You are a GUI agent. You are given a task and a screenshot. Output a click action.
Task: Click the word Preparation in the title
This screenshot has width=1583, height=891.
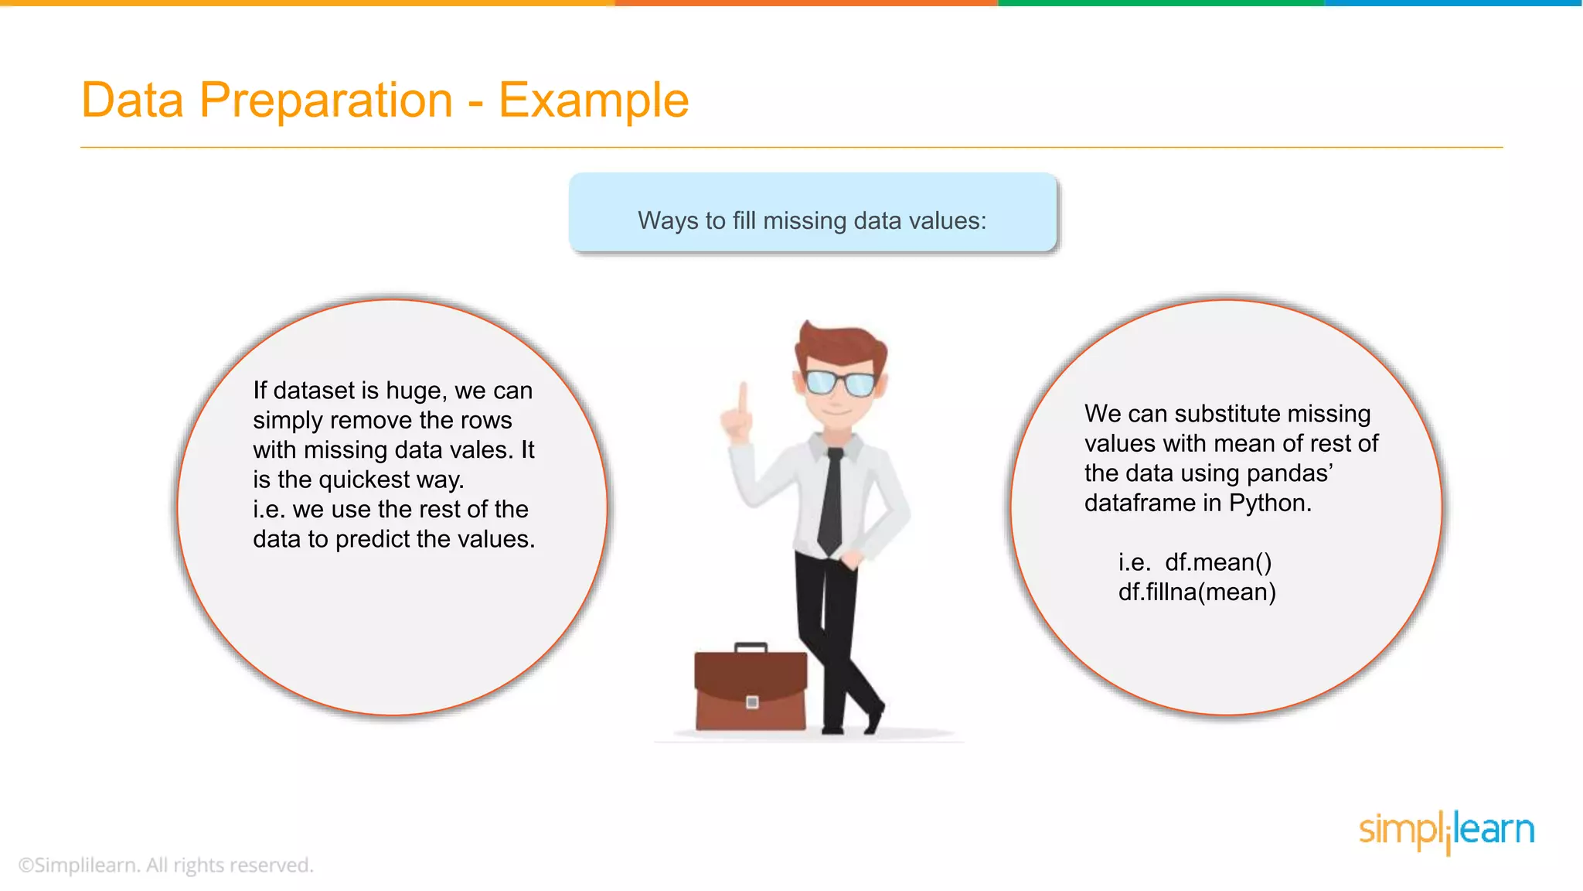[325, 101]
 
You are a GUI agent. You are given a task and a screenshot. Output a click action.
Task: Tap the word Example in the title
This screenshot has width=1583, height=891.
[593, 101]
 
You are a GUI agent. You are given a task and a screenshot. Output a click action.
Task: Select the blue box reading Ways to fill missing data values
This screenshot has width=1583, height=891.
[812, 213]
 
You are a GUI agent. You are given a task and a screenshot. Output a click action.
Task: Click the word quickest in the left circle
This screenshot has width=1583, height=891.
[363, 480]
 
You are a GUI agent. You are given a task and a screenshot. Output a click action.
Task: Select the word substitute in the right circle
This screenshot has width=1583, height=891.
[1222, 414]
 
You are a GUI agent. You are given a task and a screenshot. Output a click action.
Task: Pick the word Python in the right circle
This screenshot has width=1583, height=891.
[1270, 504]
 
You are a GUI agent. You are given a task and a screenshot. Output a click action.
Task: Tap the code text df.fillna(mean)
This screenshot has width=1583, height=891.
[1197, 592]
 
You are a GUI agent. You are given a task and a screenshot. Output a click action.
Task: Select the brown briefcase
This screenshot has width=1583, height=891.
[750, 691]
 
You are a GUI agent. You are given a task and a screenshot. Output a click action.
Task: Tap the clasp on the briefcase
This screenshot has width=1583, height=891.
[752, 702]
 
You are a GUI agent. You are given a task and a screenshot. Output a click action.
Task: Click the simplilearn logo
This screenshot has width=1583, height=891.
[1446, 831]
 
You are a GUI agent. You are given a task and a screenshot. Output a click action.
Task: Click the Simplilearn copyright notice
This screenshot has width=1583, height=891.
[166, 865]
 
